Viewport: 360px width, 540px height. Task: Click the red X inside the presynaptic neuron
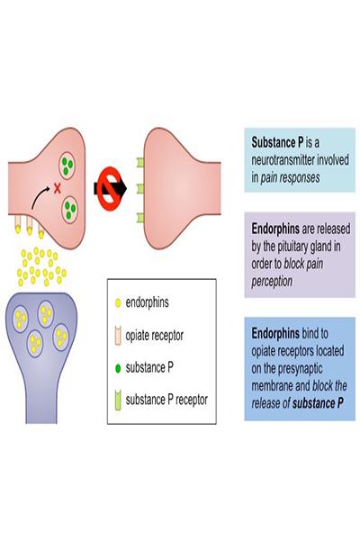pos(58,188)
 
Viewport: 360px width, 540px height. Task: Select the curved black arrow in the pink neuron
pos(40,198)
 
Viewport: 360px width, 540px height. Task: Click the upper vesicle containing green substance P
pos(67,165)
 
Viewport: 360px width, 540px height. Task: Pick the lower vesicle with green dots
pos(69,210)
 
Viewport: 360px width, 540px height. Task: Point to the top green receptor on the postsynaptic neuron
pos(140,162)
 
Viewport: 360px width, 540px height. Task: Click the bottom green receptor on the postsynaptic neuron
pos(140,218)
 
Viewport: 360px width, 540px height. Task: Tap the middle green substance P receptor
pos(140,189)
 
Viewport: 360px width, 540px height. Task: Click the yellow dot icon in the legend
pos(118,302)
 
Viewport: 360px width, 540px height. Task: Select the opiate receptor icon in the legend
pos(118,336)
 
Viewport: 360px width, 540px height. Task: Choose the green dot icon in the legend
pos(118,368)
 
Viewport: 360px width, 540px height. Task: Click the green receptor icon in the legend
pos(118,400)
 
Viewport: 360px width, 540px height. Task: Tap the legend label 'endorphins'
pos(147,302)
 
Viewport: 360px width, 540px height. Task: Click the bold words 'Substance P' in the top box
pos(278,142)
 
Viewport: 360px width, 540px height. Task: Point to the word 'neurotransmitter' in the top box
pos(283,160)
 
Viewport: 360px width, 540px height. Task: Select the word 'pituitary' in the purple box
pos(292,247)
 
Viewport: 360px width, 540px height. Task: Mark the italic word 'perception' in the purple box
pos(272,282)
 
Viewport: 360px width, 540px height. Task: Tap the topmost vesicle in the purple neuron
pos(46,314)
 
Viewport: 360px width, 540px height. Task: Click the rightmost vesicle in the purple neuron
pos(61,337)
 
